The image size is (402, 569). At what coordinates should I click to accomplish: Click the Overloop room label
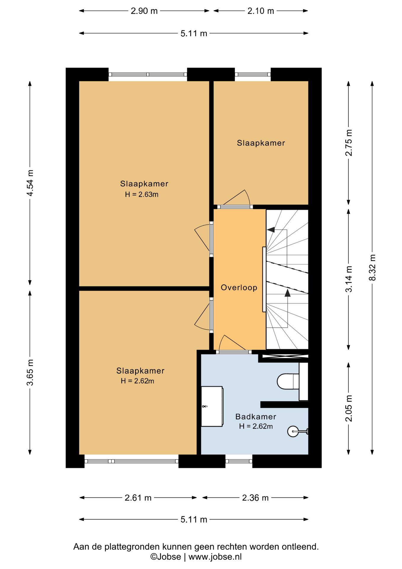coord(239,287)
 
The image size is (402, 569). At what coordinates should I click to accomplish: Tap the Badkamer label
coord(256,417)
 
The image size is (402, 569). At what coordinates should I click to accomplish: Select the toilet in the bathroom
coord(288,381)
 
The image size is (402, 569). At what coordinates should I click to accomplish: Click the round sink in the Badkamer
coord(293,431)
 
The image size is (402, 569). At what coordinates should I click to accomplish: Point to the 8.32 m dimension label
coord(372,268)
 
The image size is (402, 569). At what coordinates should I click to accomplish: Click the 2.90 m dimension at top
coord(144,11)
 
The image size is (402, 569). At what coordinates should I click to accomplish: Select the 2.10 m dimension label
coord(261,11)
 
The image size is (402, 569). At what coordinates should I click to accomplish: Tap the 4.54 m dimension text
coord(30,183)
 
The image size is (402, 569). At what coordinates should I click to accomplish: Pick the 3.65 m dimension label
coord(30,373)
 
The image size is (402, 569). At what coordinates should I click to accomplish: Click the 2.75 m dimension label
coord(349,143)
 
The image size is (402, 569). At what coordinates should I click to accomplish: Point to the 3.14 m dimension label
coord(349,279)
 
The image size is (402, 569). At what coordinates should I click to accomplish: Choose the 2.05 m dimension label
coord(349,408)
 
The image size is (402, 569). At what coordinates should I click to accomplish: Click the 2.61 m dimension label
coord(138,498)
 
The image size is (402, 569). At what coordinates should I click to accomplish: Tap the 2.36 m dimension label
coord(255,498)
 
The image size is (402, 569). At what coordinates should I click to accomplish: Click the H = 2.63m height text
coord(141,194)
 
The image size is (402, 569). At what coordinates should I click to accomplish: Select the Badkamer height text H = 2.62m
coord(256,426)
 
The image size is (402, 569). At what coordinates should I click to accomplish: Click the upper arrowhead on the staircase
coord(271,230)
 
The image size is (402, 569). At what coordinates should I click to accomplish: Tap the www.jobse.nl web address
coord(215,557)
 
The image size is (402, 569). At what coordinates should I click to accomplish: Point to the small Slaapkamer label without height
coord(261,143)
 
